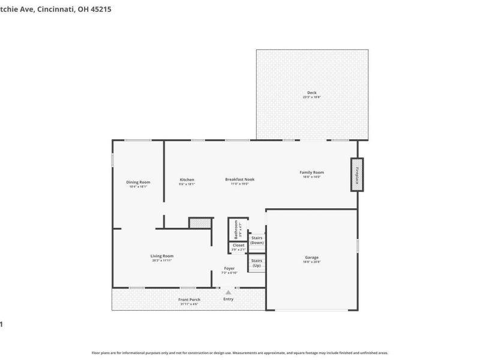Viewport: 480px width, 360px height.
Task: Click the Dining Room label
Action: click(138, 182)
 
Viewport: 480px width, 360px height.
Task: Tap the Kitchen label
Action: click(187, 179)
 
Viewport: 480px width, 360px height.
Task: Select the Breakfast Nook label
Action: click(240, 179)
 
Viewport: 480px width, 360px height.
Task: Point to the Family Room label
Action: click(311, 172)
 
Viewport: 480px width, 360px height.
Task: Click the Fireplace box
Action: click(357, 175)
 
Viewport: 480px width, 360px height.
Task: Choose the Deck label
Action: click(311, 93)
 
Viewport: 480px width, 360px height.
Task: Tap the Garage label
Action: click(311, 257)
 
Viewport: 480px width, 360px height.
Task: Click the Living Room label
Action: click(161, 256)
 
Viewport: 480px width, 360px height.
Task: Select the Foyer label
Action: click(229, 268)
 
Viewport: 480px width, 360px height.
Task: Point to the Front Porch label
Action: click(189, 299)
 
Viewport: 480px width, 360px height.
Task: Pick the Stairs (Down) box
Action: click(257, 240)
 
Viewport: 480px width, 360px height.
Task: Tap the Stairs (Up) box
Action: click(257, 263)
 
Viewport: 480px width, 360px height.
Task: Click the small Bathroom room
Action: click(236, 229)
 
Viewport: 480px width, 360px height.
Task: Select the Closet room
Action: click(238, 247)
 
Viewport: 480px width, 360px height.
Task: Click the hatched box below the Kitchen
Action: click(200, 223)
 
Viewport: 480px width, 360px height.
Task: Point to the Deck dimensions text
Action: click(311, 97)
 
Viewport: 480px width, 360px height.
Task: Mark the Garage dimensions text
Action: click(311, 262)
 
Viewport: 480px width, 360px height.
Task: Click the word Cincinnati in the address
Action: click(53, 9)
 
